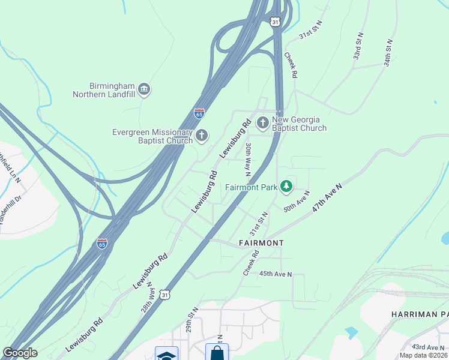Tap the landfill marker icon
point(144,90)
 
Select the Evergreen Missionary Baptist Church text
point(152,136)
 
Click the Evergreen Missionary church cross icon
point(202,136)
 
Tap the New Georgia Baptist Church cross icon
point(262,124)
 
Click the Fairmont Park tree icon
point(287,187)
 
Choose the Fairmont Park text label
point(251,187)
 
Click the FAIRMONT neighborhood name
point(261,243)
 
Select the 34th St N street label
point(389,53)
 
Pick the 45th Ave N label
point(275,274)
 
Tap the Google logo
point(20,353)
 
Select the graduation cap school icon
point(166,355)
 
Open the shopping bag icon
point(217,352)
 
